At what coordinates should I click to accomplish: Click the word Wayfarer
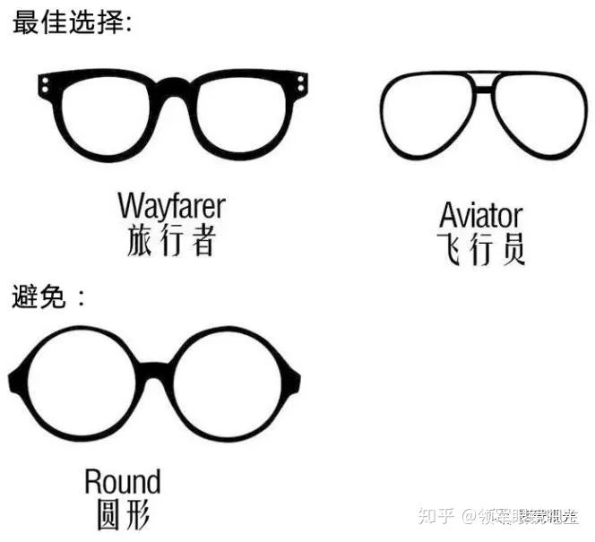pos(171,205)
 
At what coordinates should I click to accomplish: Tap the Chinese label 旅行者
pos(171,240)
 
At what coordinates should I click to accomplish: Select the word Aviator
pos(480,215)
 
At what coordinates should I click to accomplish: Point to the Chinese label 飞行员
pos(480,248)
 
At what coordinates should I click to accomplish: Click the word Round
pos(123,482)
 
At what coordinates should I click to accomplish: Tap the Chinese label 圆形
pos(123,514)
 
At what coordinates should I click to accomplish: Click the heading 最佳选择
pos(72,22)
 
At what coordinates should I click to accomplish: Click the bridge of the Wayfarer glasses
pos(174,87)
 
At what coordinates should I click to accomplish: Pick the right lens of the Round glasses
pos(228,384)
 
